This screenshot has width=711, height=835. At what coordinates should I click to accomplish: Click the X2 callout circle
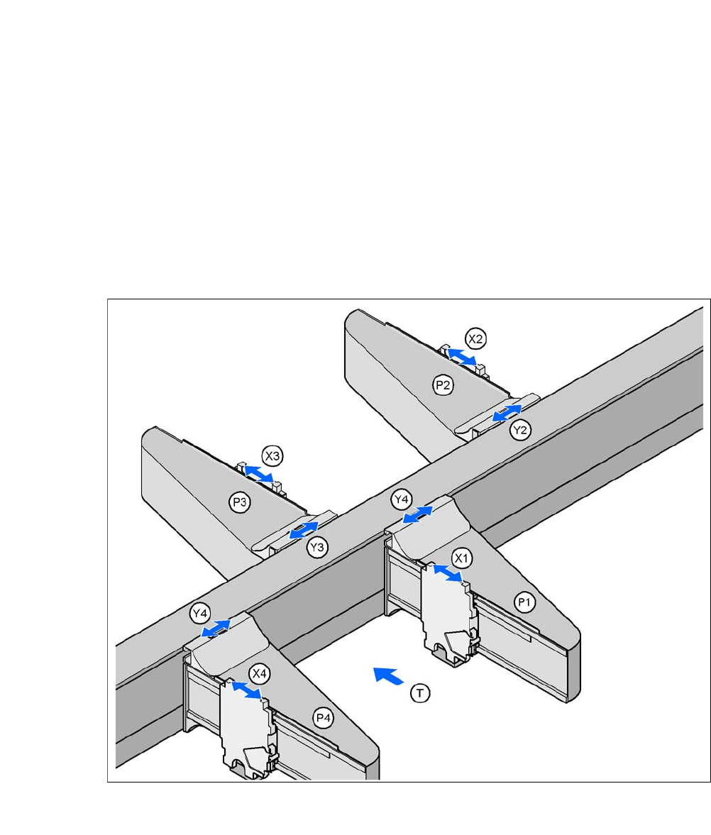pos(476,338)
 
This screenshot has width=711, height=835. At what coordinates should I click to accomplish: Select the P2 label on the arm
pos(443,385)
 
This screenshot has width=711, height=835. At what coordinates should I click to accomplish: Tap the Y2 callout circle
pos(521,429)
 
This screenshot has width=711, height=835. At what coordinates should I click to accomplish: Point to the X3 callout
pos(272,455)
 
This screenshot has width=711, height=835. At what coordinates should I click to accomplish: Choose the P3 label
pos(239,502)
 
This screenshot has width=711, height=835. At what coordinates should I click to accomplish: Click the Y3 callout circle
pos(318,547)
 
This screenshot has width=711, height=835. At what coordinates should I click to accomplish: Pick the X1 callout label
pos(463,558)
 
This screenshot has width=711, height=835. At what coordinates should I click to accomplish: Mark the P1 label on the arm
pos(524,602)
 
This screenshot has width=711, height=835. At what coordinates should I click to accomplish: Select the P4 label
pos(324,717)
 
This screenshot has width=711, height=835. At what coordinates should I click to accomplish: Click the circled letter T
pos(421,693)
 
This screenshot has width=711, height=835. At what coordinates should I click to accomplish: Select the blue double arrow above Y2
pos(507,412)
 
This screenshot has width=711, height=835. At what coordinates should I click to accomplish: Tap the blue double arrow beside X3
pos(258,473)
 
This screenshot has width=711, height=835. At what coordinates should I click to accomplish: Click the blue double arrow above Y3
pos(304,529)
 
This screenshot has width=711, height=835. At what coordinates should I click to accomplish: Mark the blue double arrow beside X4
pos(247,690)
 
